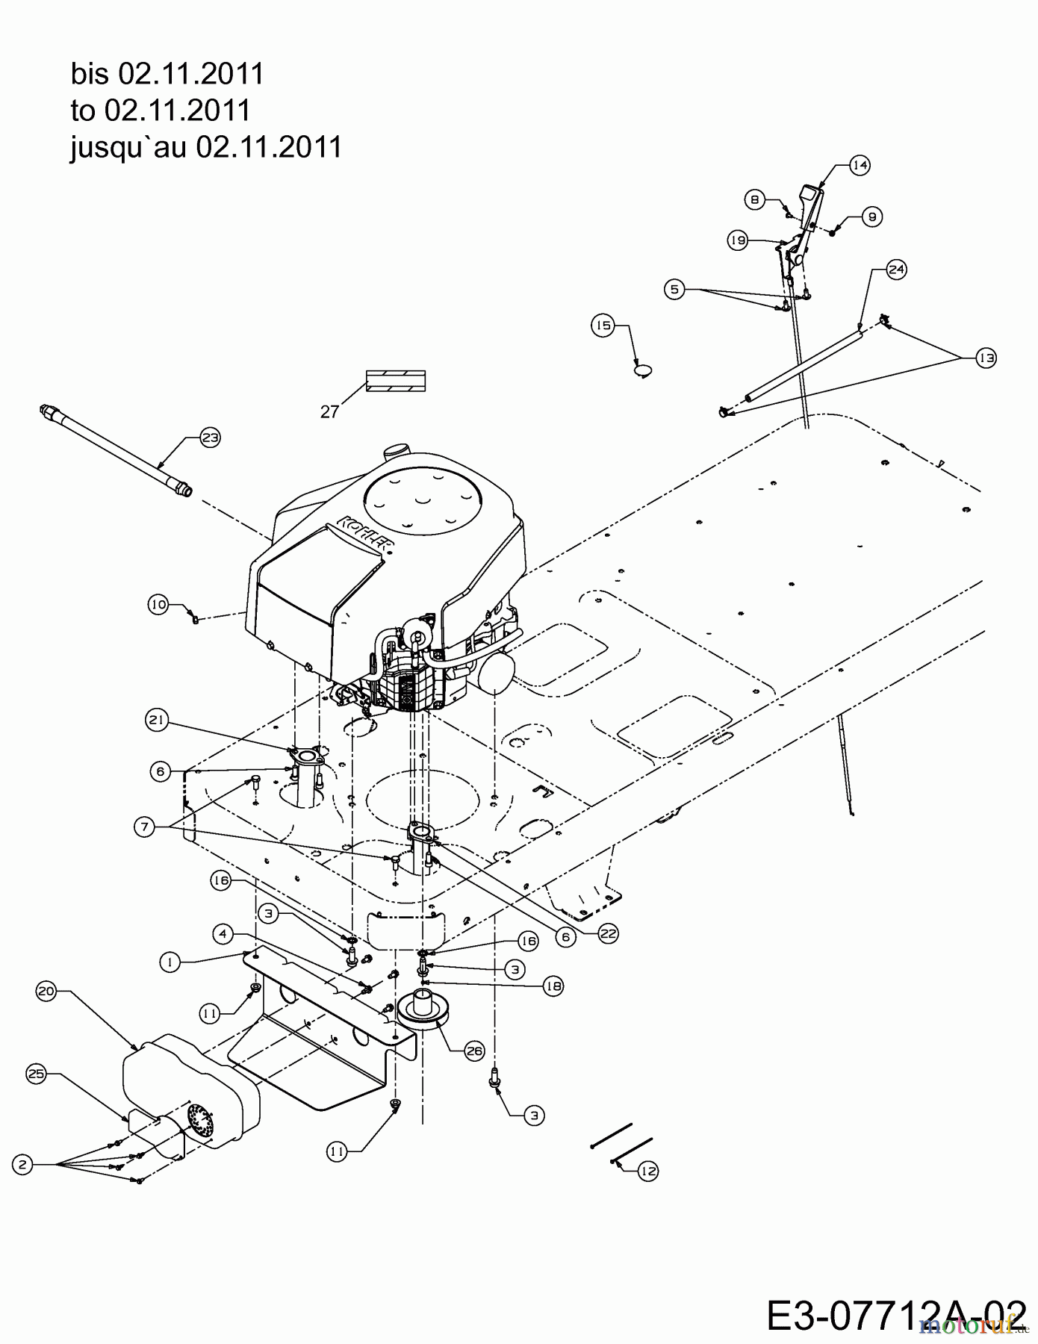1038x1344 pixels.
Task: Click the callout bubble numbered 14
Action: tap(860, 165)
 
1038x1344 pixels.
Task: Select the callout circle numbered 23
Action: tap(210, 438)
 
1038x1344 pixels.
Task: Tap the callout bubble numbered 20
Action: tap(46, 991)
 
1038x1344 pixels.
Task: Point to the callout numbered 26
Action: tap(474, 1051)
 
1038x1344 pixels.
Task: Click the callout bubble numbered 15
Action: tap(603, 326)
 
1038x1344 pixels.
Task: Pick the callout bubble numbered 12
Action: tap(648, 1172)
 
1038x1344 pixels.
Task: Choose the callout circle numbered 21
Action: tap(157, 721)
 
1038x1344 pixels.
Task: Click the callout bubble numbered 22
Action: tap(609, 933)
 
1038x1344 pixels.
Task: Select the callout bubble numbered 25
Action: tap(36, 1074)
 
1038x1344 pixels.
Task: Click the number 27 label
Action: tap(329, 411)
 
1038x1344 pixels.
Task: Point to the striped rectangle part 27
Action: tap(395, 381)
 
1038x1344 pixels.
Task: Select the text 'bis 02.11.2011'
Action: tap(167, 74)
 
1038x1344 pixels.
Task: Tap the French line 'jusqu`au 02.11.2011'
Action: tap(206, 147)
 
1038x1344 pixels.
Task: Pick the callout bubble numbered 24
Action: tap(896, 270)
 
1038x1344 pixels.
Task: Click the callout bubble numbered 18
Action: tap(553, 986)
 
